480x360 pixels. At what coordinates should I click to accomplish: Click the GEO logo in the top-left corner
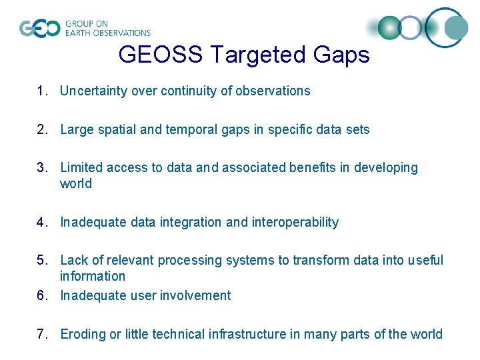coord(40,29)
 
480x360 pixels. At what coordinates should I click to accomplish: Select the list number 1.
coord(41,91)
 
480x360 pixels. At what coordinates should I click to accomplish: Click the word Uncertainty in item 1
coord(93,91)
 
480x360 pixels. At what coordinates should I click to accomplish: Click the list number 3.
coord(41,168)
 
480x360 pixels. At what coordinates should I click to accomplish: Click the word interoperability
coord(295,223)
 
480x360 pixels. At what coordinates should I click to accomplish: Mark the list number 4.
coord(41,223)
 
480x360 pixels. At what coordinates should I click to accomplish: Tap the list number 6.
coord(41,296)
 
